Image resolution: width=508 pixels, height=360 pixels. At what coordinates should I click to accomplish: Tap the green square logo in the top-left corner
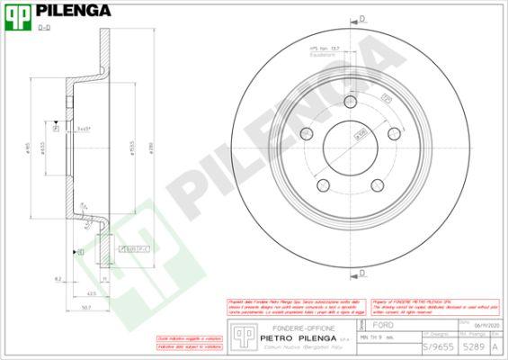pyautogui.click(x=18, y=14)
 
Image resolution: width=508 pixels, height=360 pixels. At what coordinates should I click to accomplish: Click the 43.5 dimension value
pyautogui.click(x=91, y=294)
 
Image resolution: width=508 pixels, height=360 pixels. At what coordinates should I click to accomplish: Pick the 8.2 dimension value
pyautogui.click(x=58, y=280)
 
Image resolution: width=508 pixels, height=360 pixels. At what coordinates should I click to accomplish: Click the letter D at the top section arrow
pyautogui.click(x=362, y=18)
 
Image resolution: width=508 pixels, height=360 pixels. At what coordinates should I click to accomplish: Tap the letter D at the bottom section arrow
pyautogui.click(x=362, y=271)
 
